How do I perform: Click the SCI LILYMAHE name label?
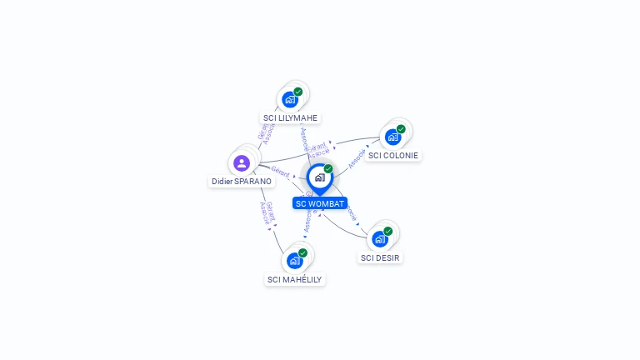tap(290, 117)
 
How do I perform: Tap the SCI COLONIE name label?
tap(393, 155)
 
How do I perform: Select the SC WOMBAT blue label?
tap(320, 203)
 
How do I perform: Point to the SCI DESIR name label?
tap(380, 257)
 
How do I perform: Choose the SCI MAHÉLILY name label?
tap(294, 279)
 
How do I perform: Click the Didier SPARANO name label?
tap(241, 181)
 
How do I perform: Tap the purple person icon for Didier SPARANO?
tap(242, 162)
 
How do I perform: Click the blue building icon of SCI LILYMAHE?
tap(289, 100)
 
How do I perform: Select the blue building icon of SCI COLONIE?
tap(392, 137)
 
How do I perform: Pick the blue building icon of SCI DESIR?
tap(379, 239)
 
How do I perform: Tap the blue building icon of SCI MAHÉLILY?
tap(294, 261)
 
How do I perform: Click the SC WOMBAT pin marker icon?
tap(319, 177)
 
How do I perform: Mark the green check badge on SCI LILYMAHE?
tap(297, 92)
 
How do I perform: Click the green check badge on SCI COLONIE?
tap(401, 129)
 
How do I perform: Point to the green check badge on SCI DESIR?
tap(387, 231)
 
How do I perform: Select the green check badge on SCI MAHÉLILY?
tap(302, 252)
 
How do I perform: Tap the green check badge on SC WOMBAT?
tap(328, 168)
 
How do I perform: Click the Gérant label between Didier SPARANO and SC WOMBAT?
tap(280, 171)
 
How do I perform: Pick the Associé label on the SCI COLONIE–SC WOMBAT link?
tap(357, 159)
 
